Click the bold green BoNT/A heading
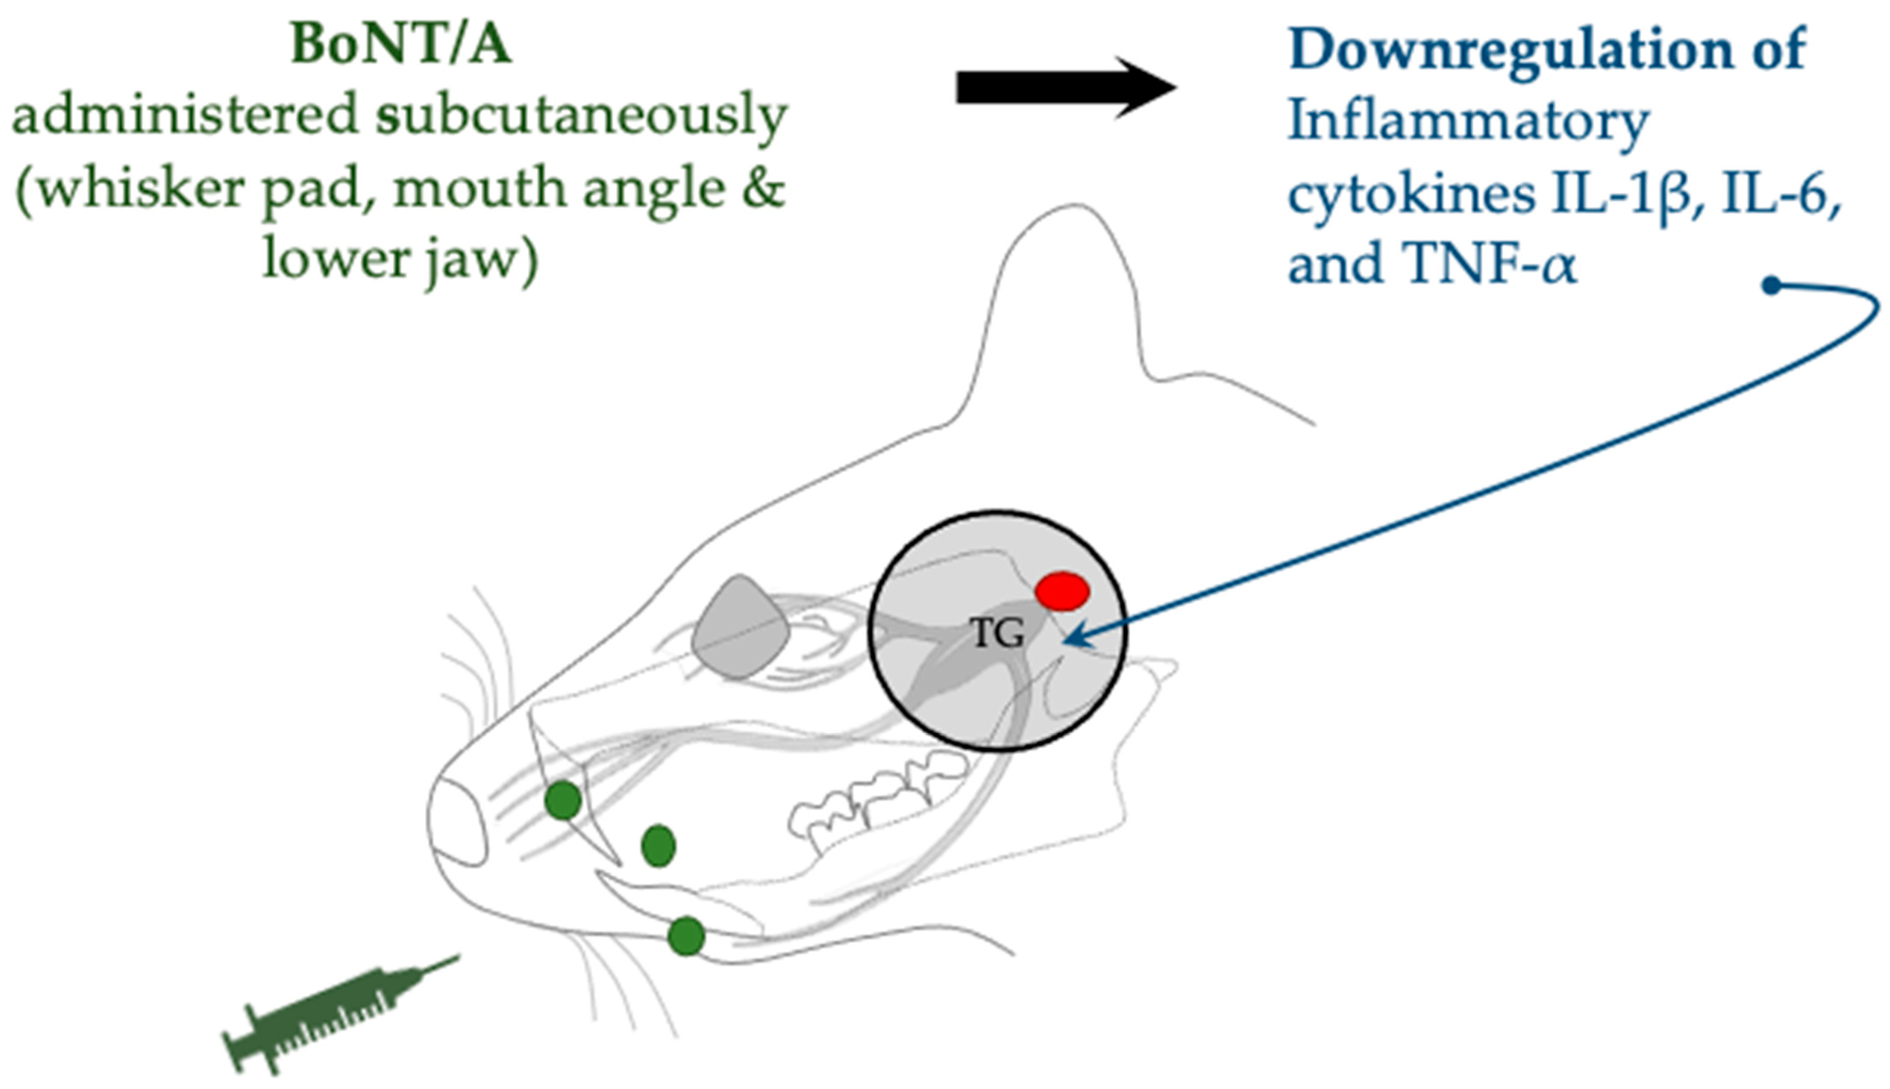pyautogui.click(x=400, y=45)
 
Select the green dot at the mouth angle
pyautogui.click(x=659, y=846)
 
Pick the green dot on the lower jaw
pyautogui.click(x=686, y=936)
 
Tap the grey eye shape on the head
pyautogui.click(x=740, y=628)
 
